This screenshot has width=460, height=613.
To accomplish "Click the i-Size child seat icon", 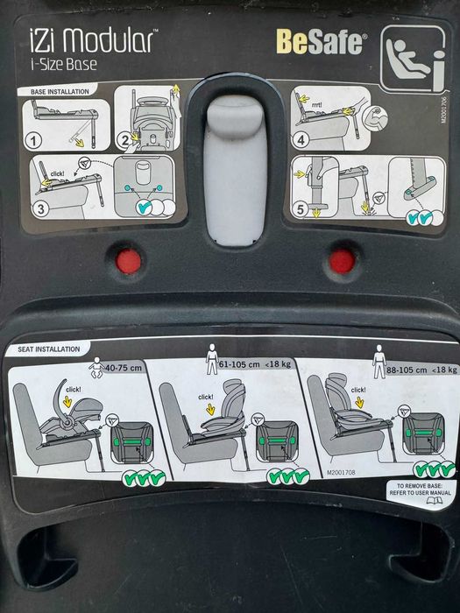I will [412, 58].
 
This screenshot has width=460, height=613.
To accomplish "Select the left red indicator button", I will [130, 261].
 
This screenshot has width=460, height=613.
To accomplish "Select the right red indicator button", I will [342, 260].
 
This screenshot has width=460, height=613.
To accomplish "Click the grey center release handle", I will [235, 166].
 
